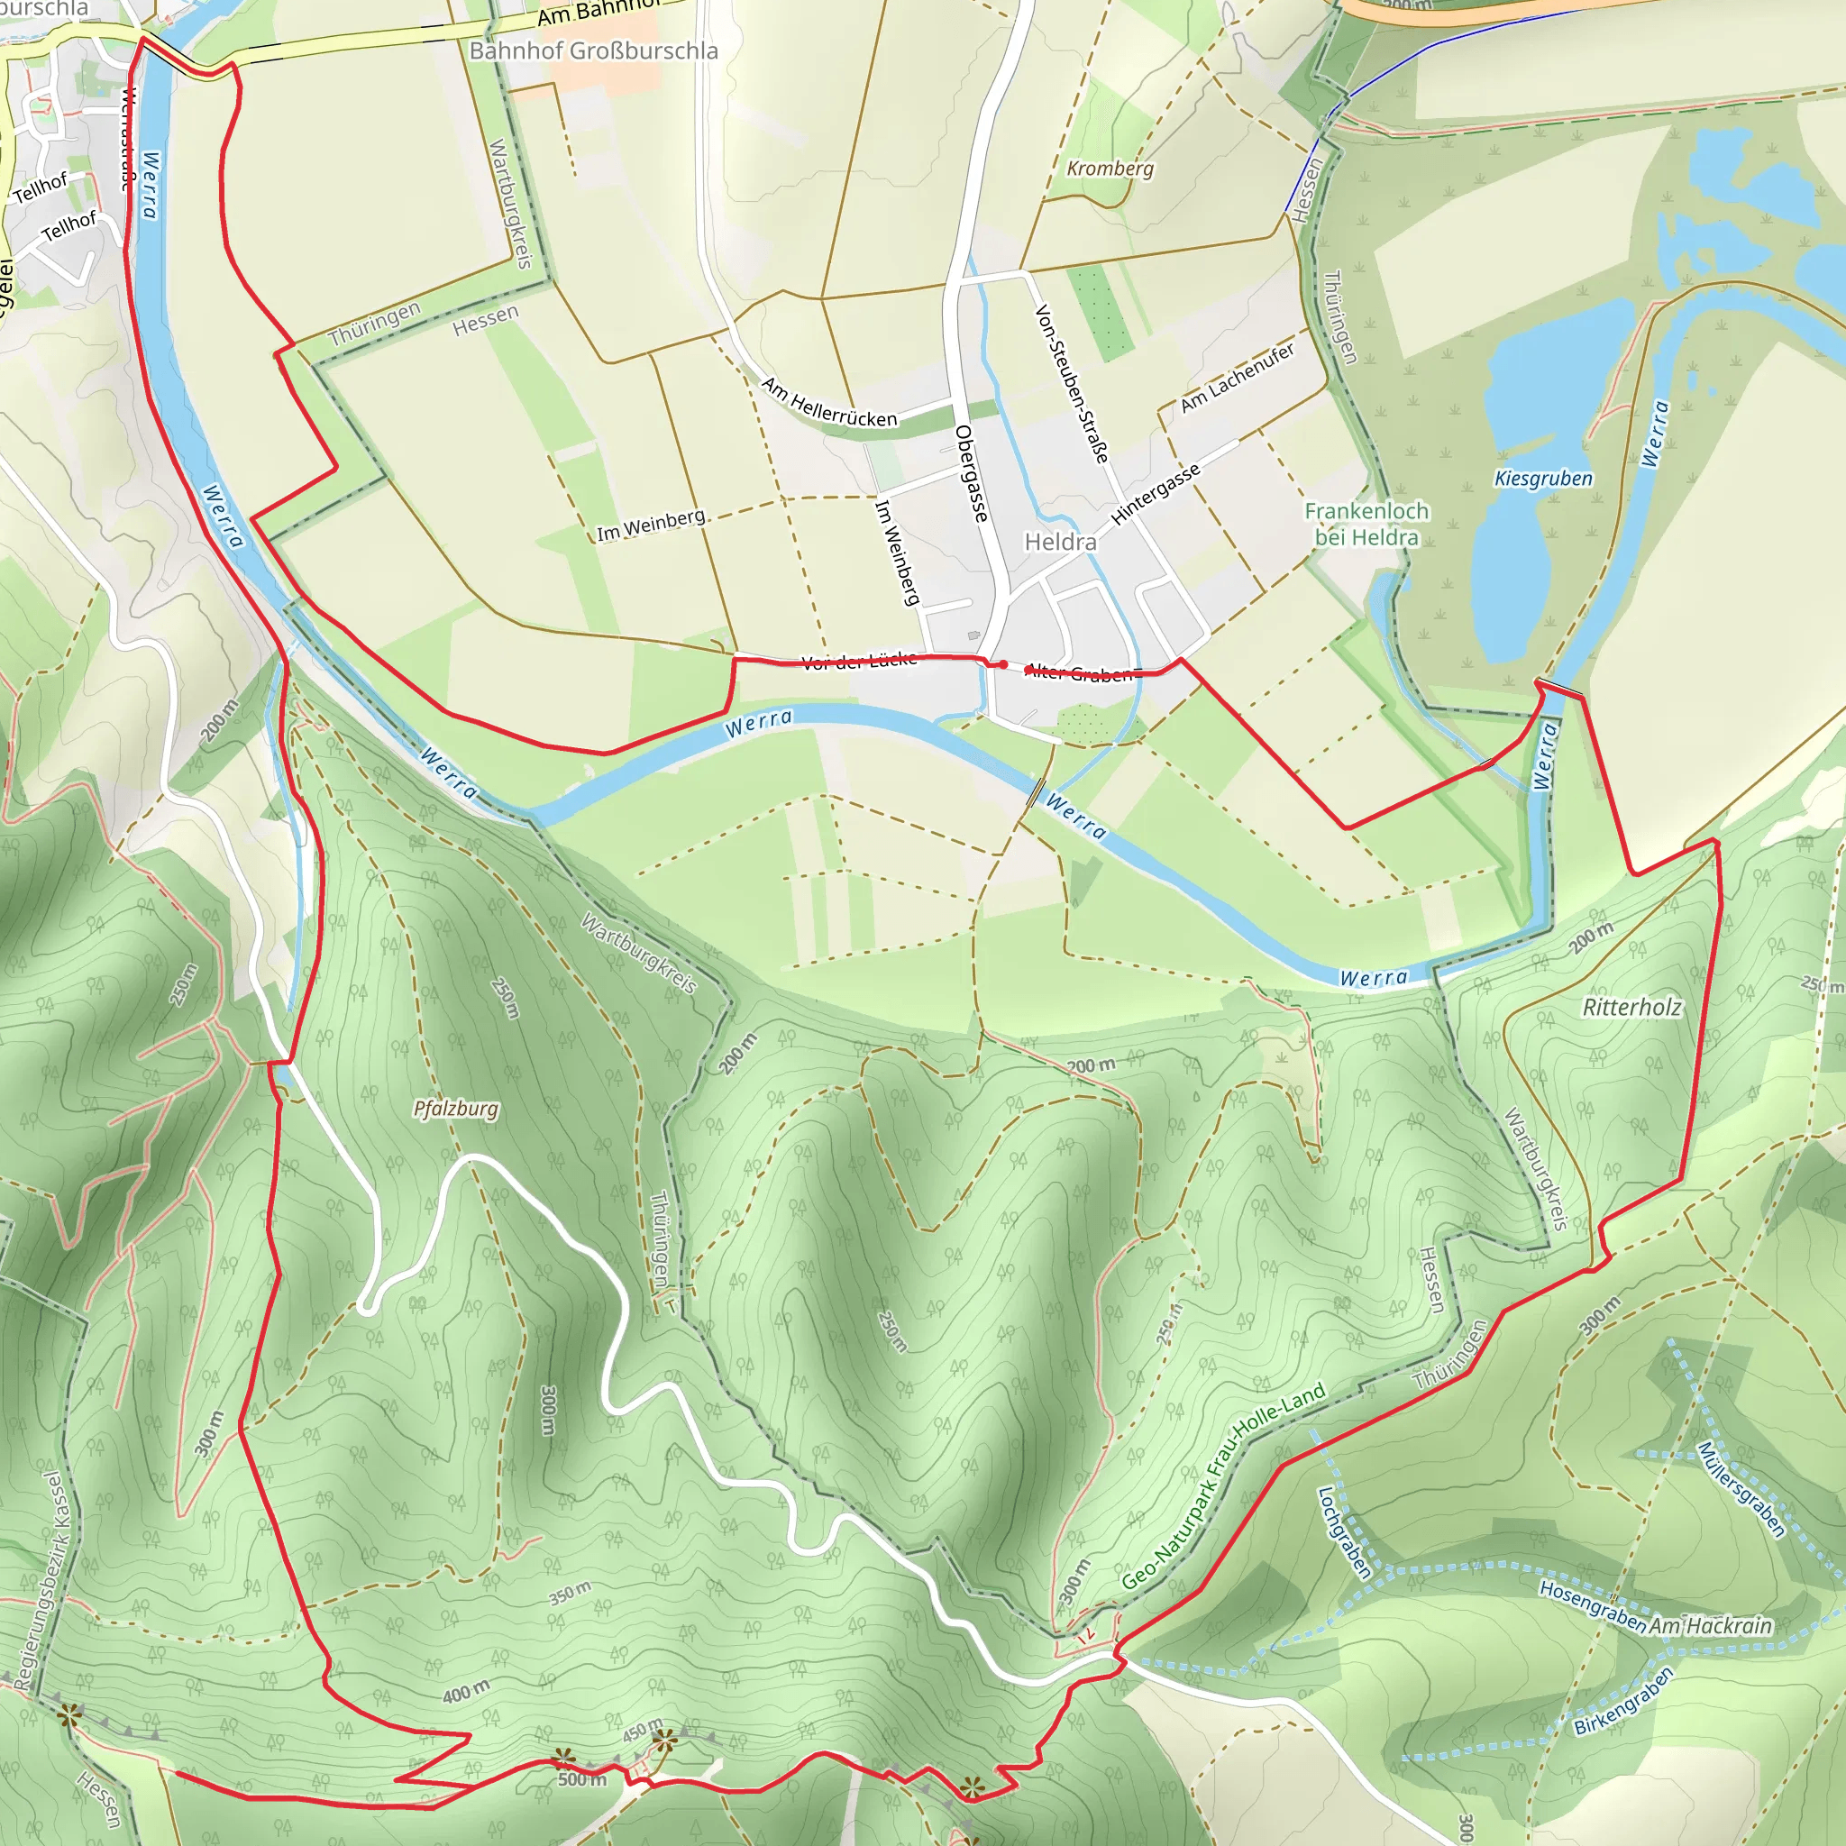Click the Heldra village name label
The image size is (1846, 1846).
(x=1061, y=542)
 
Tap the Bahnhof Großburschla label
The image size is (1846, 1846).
(x=593, y=50)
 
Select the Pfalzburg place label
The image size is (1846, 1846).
(x=455, y=1109)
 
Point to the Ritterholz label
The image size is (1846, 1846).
(x=1632, y=1007)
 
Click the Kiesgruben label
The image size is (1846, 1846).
(x=1543, y=479)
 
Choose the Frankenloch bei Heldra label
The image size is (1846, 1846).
(x=1366, y=524)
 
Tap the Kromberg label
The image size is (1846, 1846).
(x=1110, y=169)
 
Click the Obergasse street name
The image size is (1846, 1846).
(x=971, y=474)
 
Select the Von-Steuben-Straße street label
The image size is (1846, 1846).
(x=1072, y=384)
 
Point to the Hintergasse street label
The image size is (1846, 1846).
(x=1156, y=495)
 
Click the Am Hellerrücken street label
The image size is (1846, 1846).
(x=829, y=402)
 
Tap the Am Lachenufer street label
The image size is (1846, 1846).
(x=1238, y=378)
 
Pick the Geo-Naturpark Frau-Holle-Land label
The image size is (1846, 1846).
(x=1223, y=1486)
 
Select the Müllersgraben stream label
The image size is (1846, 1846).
(x=1740, y=1490)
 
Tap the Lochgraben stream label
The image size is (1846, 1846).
(x=1343, y=1532)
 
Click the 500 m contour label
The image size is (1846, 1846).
(x=582, y=1779)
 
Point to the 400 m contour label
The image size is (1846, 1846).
(x=465, y=1693)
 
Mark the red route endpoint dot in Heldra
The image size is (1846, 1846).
(x=1003, y=664)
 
